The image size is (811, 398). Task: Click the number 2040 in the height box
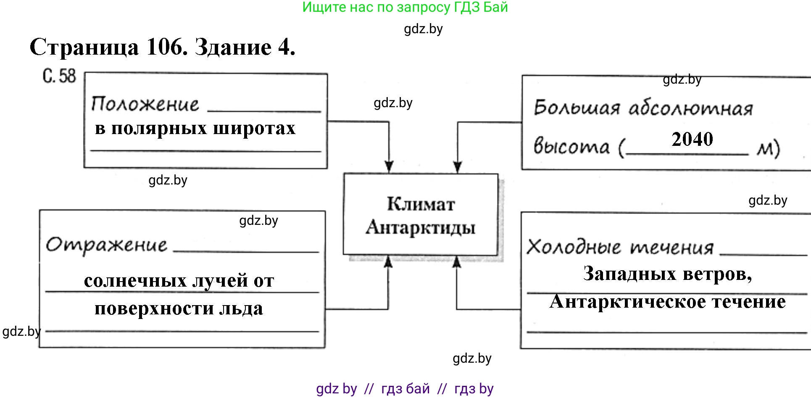(692, 139)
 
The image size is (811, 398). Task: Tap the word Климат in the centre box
(421, 204)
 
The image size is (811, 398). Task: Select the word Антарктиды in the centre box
(421, 227)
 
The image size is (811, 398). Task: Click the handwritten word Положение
(145, 104)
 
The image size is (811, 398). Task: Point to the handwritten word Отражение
(106, 245)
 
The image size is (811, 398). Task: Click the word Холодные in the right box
(574, 247)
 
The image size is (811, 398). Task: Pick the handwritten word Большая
(577, 108)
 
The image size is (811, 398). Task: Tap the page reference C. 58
(59, 76)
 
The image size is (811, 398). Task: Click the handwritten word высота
(571, 146)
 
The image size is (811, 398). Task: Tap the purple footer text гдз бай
(405, 389)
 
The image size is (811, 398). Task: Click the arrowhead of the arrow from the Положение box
(389, 167)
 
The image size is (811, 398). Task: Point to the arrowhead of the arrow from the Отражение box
(388, 261)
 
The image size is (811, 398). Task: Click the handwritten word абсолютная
(690, 109)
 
